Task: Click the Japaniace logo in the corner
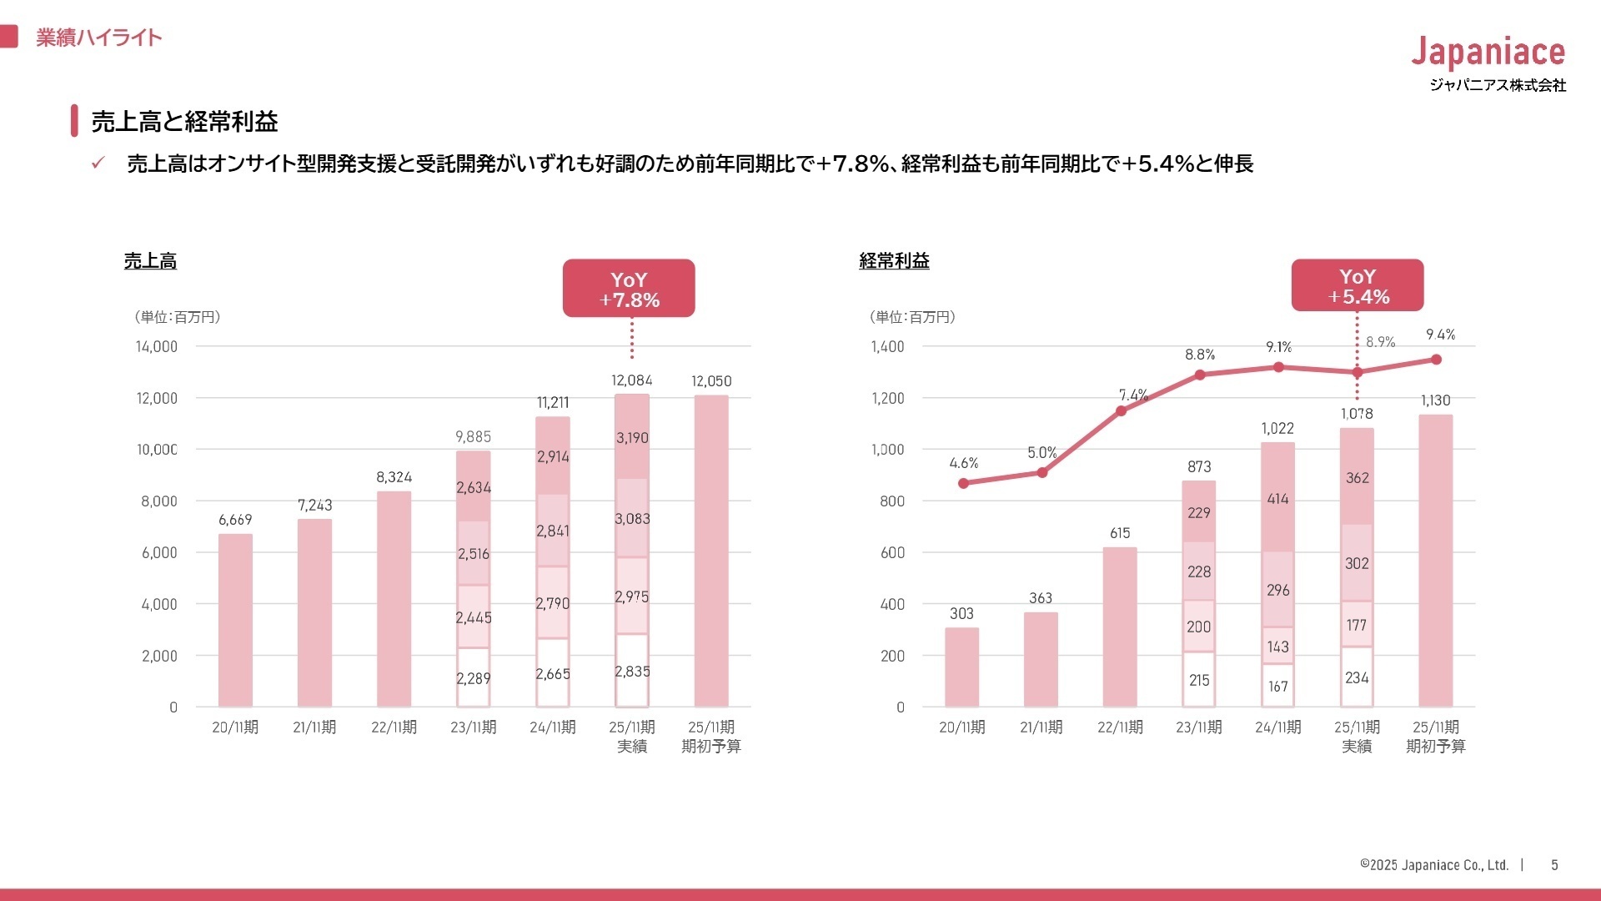pyautogui.click(x=1488, y=53)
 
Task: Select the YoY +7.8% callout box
pyautogui.click(x=629, y=289)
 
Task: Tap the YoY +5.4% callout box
pyautogui.click(x=1357, y=285)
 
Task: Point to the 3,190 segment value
pyautogui.click(x=632, y=438)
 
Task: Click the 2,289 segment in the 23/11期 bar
pyautogui.click(x=473, y=678)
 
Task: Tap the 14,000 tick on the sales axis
pyautogui.click(x=157, y=346)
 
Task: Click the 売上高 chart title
pyautogui.click(x=150, y=261)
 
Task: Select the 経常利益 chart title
pyautogui.click(x=894, y=261)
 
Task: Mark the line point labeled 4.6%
pyautogui.click(x=963, y=483)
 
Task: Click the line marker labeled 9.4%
pyautogui.click(x=1436, y=360)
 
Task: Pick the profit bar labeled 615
pyautogui.click(x=1120, y=627)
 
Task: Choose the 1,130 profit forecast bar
pyautogui.click(x=1435, y=561)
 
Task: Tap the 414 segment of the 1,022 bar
pyautogui.click(x=1277, y=499)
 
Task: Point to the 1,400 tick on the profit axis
pyautogui.click(x=887, y=346)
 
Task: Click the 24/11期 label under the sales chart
pyautogui.click(x=553, y=727)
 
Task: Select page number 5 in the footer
pyautogui.click(x=1554, y=865)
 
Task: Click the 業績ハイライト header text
pyautogui.click(x=98, y=38)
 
